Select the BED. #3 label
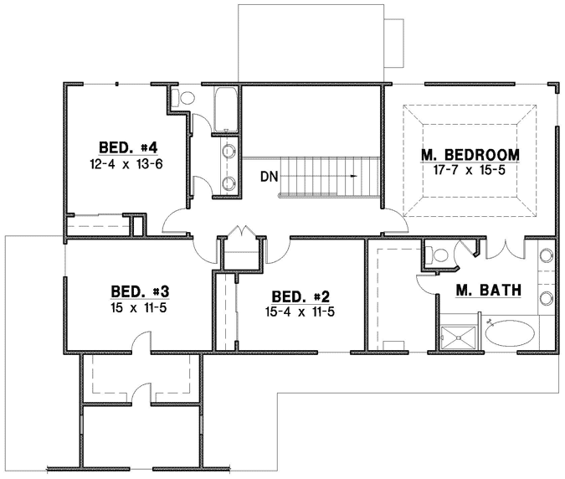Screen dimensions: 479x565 pos(141,291)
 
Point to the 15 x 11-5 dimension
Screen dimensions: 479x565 pos(141,307)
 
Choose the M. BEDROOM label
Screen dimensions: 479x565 pos(469,155)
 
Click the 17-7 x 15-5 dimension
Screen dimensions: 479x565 pos(469,170)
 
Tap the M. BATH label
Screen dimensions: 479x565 pos(489,291)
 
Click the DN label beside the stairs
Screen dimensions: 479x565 pos(269,177)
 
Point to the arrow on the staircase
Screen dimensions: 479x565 pos(355,177)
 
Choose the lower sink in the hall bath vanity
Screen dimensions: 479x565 pos(229,183)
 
